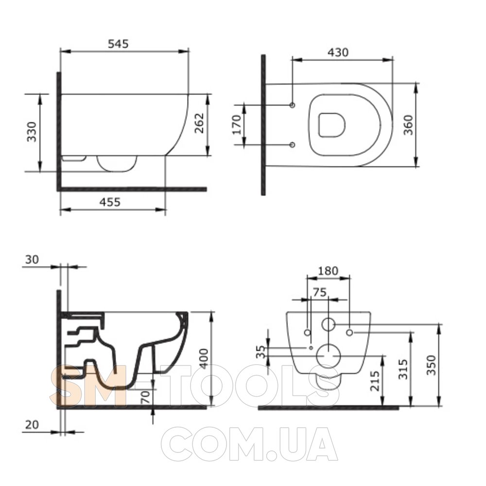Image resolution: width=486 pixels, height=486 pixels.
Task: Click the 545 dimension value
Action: tap(118, 44)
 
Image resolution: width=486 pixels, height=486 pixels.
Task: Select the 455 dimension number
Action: tap(110, 202)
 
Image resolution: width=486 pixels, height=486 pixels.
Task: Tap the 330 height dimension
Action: tap(32, 132)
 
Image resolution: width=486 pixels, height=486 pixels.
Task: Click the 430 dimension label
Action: tap(338, 52)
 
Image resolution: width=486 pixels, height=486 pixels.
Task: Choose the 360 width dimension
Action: tap(408, 125)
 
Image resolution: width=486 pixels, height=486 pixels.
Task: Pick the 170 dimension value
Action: tap(237, 124)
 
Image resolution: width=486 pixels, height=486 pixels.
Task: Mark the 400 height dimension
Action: tap(204, 359)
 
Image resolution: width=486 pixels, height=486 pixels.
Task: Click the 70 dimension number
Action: tap(146, 397)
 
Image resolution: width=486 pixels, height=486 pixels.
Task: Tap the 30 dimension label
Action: tap(32, 260)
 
